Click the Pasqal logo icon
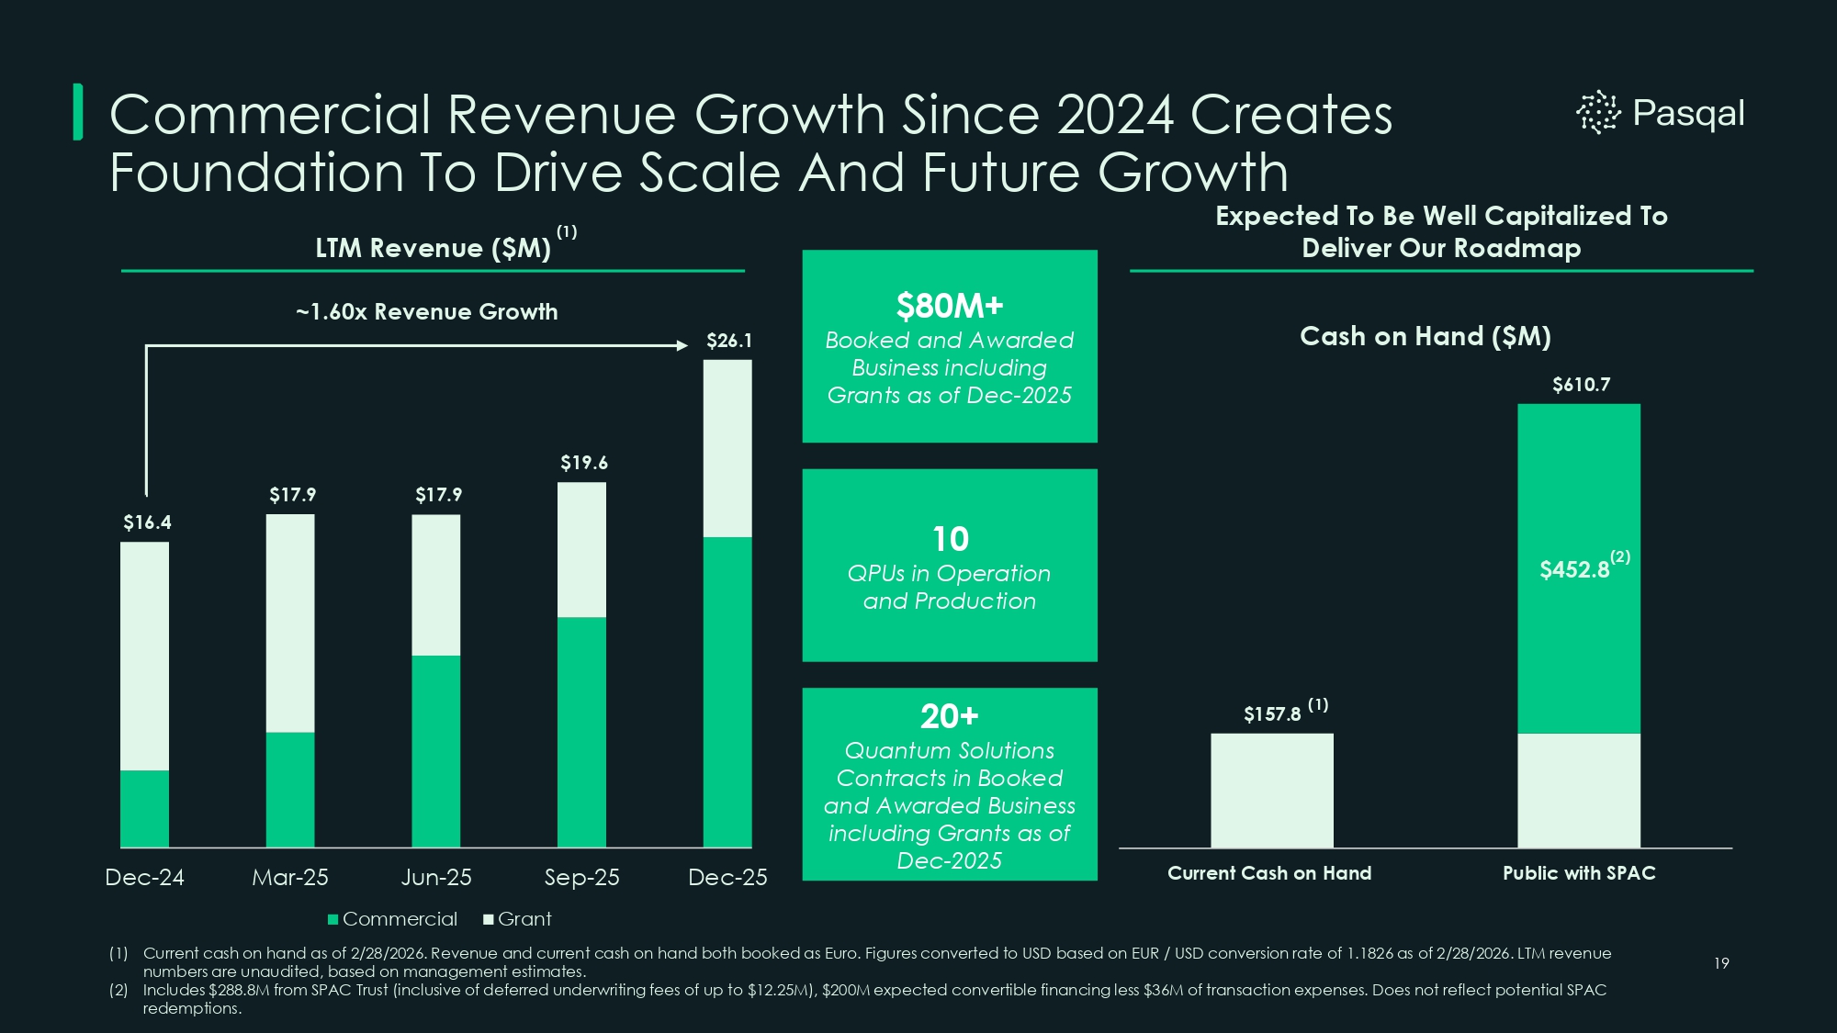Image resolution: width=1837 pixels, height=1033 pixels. pos(1598,113)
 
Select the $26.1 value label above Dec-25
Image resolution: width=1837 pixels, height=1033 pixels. pos(728,341)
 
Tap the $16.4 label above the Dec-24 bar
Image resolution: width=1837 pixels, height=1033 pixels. pos(147,522)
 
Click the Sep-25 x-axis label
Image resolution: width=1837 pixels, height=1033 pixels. pos(581,877)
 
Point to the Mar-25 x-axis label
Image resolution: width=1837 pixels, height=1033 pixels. pos(290,877)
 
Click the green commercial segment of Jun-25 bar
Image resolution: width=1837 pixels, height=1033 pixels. pos(435,750)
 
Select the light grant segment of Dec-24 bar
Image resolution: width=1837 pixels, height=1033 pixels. pos(144,656)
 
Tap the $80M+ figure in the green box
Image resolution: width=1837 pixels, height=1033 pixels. pos(950,306)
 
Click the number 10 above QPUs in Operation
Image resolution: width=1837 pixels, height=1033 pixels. pos(950,539)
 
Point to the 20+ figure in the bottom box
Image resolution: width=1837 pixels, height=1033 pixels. pos(950,716)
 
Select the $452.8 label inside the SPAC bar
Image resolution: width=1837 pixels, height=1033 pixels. pos(1574,570)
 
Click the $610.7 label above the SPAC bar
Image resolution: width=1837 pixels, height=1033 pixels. pos(1581,385)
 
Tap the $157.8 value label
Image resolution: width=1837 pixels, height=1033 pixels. pos(1272,714)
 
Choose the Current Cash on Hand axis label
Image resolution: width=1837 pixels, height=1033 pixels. pos(1269,873)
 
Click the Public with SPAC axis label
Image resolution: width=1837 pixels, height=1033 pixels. pos(1579,873)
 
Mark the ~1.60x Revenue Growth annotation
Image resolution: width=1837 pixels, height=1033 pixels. pos(426,312)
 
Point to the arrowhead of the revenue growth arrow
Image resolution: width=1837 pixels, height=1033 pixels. pos(682,345)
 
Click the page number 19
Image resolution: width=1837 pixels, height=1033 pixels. pos(1721,963)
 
